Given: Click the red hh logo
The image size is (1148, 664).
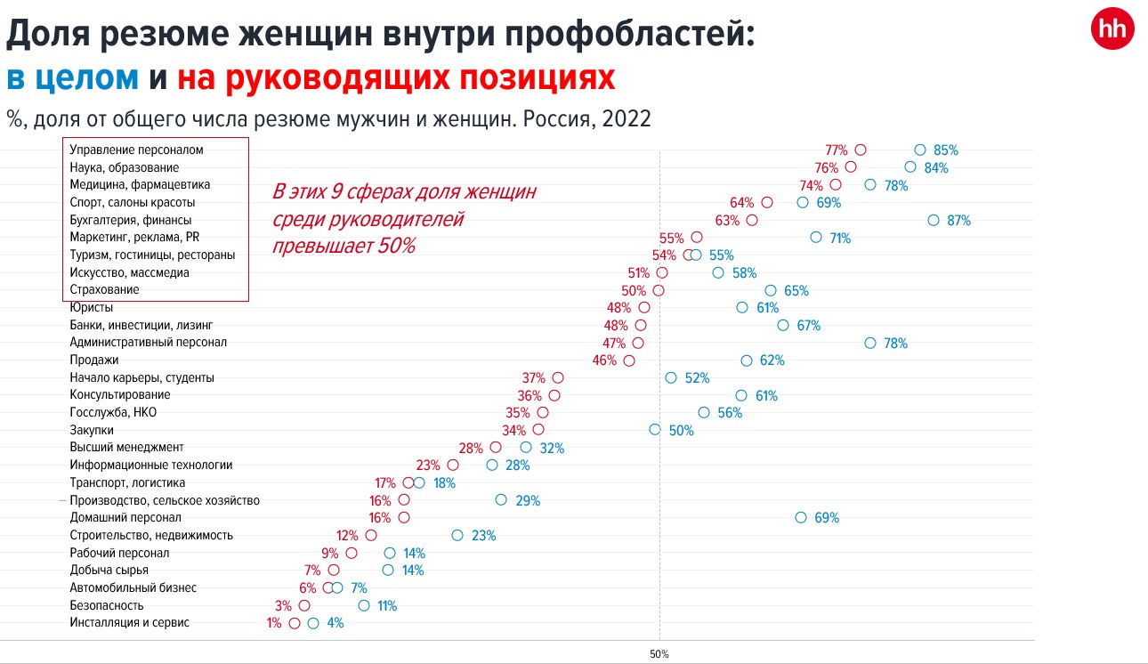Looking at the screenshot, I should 1112,30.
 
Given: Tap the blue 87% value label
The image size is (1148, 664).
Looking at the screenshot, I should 958,221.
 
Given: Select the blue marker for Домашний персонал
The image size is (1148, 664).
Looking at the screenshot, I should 800,517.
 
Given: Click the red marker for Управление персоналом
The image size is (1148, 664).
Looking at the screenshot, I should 860,150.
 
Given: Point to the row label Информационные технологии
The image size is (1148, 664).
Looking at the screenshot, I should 150,465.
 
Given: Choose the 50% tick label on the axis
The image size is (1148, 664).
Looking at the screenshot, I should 659,654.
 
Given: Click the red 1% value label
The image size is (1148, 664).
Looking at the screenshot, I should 274,623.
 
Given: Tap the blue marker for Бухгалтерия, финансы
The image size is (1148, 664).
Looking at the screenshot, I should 933,220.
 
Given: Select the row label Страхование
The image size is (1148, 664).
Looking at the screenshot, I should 104,290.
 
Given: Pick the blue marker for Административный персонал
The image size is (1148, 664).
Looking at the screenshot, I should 869,343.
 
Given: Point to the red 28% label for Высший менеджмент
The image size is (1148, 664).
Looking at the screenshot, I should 471,448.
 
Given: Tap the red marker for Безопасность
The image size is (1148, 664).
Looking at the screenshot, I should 304,605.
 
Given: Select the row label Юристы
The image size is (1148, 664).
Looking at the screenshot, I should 92,308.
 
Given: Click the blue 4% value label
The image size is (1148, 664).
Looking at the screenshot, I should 336,623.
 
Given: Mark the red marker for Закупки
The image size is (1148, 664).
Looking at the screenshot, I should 538,430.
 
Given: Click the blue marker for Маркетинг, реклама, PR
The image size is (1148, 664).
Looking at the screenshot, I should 815,238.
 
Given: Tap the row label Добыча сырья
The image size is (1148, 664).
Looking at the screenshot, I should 109,570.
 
